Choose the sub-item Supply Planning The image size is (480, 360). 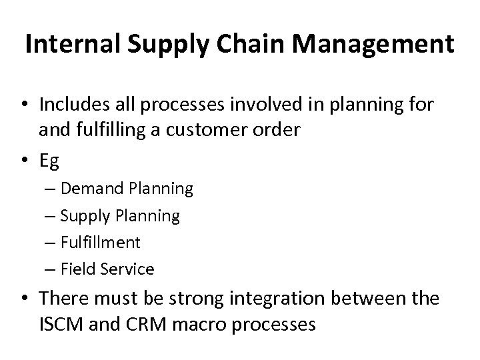[x=120, y=216]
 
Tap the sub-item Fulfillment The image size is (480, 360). [x=100, y=242]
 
